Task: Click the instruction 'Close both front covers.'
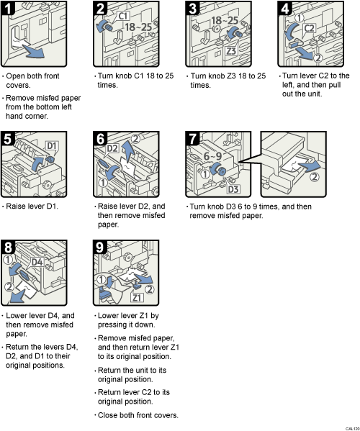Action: (136, 415)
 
